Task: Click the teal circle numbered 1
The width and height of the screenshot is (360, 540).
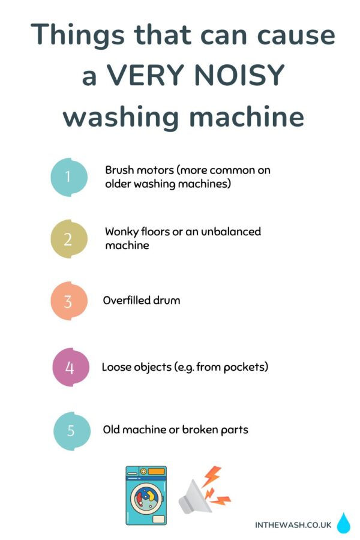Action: (68, 177)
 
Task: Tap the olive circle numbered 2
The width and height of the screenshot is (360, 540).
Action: (68, 239)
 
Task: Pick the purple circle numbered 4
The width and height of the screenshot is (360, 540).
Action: (70, 367)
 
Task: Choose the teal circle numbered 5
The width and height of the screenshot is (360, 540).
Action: (71, 430)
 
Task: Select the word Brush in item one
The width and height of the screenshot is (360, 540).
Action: (119, 170)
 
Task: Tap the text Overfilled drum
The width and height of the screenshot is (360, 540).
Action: (142, 300)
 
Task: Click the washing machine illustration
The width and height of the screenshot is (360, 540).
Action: (146, 496)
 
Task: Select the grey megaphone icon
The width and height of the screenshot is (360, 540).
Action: (194, 496)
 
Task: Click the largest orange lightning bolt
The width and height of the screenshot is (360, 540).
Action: (211, 476)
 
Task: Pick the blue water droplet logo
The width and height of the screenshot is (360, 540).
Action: (343, 523)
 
